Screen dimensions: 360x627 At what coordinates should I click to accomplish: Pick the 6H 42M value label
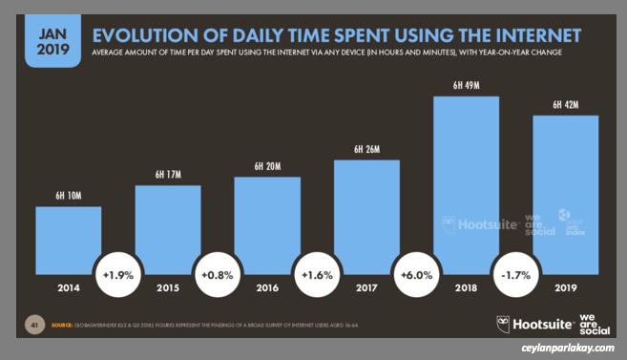click(x=565, y=105)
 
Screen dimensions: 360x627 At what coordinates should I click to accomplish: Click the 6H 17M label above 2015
click(x=168, y=175)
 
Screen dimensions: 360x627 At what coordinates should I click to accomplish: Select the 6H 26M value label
click(x=366, y=150)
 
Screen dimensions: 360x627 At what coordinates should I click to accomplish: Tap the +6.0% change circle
click(x=416, y=276)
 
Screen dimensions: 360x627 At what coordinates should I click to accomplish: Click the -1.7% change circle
click(x=515, y=276)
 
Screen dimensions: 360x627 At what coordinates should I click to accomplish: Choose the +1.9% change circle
click(x=118, y=276)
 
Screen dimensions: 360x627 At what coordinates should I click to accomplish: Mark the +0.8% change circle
click(x=218, y=276)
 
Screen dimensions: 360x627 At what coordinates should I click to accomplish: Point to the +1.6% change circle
click(x=317, y=276)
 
